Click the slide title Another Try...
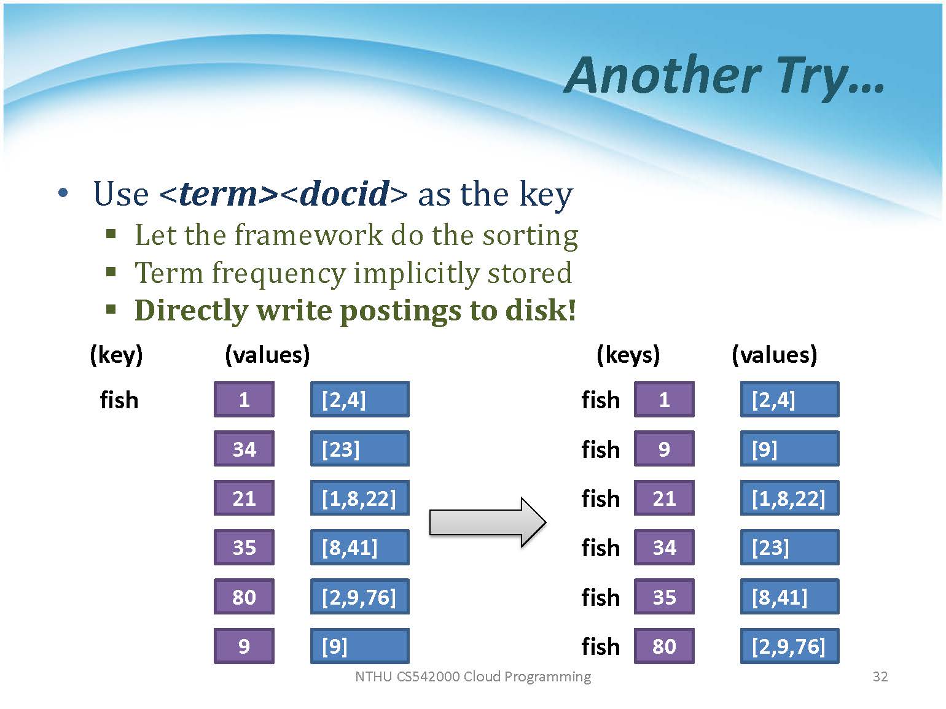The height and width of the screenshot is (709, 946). click(x=724, y=77)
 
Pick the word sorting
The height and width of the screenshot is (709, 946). click(x=530, y=236)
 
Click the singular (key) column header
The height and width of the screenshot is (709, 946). click(x=116, y=355)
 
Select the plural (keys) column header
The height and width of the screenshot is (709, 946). click(x=628, y=355)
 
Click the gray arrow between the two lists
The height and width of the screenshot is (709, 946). click(x=488, y=522)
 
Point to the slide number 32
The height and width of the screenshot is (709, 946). click(x=880, y=676)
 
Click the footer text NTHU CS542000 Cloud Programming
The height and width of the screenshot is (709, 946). click(x=473, y=676)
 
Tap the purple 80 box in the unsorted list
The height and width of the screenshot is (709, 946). click(x=244, y=597)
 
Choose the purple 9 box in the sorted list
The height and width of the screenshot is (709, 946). click(x=664, y=449)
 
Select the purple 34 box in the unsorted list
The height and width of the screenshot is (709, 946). click(x=244, y=449)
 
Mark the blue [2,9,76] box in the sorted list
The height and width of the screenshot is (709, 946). click(x=789, y=646)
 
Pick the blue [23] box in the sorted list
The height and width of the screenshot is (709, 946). click(x=789, y=547)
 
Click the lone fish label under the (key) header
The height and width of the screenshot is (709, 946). click(x=119, y=400)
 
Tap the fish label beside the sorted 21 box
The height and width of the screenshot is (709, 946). click(x=600, y=498)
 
